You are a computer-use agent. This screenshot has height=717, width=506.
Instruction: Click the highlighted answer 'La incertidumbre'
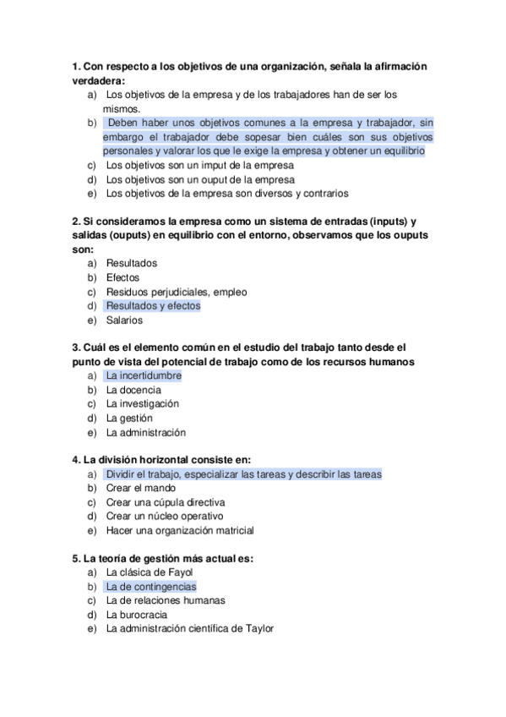coord(143,375)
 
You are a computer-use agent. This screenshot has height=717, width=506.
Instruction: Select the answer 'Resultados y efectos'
coord(153,306)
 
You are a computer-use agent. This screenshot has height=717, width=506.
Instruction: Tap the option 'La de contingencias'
coord(150,586)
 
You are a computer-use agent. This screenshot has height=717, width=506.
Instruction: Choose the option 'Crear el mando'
coord(141,488)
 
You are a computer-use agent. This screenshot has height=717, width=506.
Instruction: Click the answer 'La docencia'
coord(133,390)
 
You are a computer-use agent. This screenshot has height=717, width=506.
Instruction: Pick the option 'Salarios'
coord(124,320)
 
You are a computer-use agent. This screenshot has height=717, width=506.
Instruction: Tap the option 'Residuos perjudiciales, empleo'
coord(177,292)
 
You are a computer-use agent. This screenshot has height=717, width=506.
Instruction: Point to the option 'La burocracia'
coord(136,615)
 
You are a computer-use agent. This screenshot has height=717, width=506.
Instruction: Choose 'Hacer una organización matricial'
coord(180,530)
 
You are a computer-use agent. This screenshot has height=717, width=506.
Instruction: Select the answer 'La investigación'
coord(143,404)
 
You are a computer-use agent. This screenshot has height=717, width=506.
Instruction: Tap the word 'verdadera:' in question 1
coord(98,80)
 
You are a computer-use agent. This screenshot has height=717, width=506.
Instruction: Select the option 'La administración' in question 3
coord(145,432)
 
